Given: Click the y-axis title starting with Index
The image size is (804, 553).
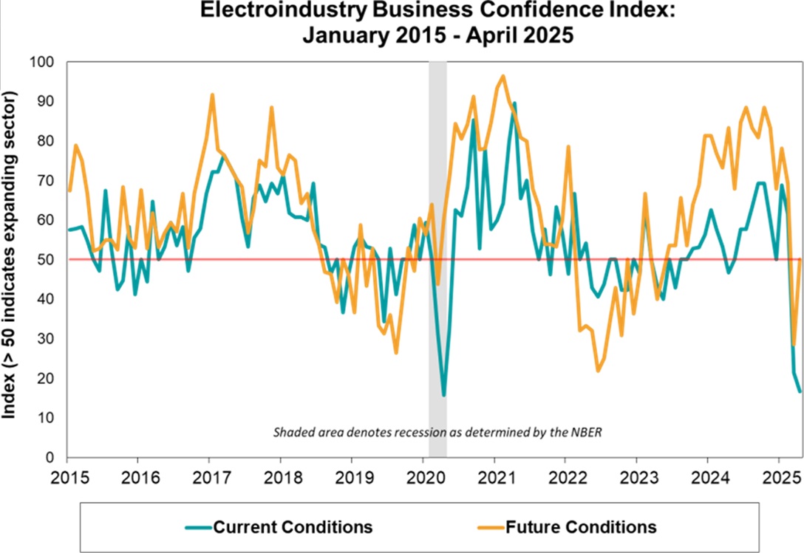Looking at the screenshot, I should point(10,255).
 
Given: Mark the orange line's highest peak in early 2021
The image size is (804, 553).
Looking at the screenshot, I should point(503,75).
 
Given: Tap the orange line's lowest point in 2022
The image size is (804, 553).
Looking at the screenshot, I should point(598,371).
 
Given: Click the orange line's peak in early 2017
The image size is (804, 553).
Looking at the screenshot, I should point(212,95).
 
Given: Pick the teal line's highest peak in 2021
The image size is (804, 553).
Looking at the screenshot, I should point(514,103).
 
